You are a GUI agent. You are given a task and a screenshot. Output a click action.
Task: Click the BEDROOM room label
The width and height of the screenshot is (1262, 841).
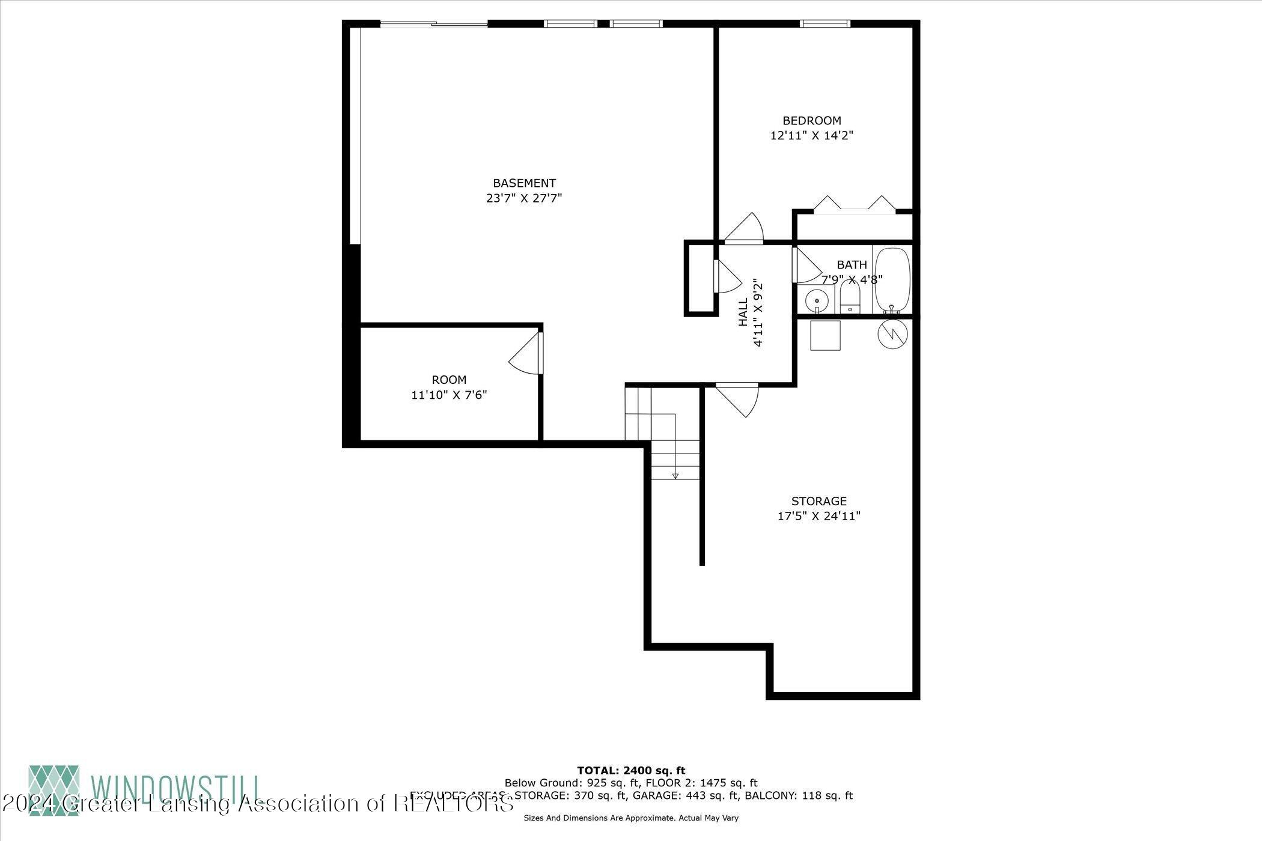(811, 121)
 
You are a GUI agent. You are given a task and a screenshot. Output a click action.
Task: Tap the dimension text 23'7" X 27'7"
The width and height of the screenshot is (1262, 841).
(523, 198)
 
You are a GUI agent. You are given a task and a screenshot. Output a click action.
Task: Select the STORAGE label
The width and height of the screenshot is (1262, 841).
(818, 501)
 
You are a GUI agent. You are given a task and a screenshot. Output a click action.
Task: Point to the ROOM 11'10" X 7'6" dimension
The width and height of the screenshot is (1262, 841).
(449, 395)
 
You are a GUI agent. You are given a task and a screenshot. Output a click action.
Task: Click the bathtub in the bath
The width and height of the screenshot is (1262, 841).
(892, 279)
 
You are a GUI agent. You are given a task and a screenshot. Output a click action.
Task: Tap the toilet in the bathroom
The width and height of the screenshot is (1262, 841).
(850, 299)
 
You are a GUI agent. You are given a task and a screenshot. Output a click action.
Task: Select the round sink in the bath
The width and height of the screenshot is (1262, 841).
(817, 299)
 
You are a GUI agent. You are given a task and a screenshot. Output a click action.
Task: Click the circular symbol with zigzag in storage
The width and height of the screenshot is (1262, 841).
(891, 334)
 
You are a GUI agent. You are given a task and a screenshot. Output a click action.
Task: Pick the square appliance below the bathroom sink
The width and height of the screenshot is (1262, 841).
(825, 335)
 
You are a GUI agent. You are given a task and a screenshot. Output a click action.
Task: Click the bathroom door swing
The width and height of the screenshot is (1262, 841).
(807, 266)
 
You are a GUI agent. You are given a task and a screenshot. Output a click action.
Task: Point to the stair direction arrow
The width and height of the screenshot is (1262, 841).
(675, 476)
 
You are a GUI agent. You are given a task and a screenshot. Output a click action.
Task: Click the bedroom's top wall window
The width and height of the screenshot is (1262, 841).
(825, 24)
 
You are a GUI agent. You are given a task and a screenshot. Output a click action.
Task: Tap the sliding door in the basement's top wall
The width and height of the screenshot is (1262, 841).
(434, 24)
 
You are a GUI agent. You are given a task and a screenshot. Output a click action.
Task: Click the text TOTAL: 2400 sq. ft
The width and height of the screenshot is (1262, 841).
(630, 770)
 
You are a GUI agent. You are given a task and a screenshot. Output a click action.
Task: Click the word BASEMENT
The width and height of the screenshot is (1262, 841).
(524, 183)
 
